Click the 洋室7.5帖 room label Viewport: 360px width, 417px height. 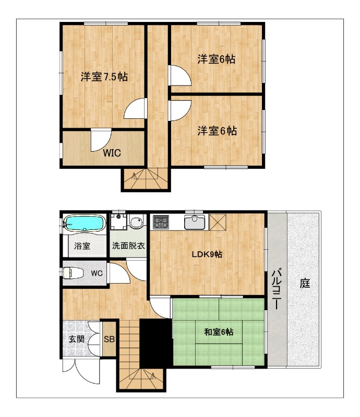(x=104, y=77)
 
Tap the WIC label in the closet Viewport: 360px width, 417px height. (x=112, y=153)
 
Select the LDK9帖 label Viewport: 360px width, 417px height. (x=207, y=254)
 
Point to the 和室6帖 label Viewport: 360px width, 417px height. (x=219, y=332)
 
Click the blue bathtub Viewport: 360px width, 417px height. (x=84, y=223)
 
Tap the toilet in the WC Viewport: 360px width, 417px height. (x=73, y=273)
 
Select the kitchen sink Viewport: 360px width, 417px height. (x=195, y=223)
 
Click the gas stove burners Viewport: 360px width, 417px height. (x=161, y=222)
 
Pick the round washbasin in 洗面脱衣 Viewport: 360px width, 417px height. (x=136, y=222)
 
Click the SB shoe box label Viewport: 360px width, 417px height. (x=109, y=339)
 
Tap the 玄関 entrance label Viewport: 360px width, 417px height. (x=77, y=339)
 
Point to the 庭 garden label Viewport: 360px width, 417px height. (x=305, y=283)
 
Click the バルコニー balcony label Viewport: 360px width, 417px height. (x=277, y=289)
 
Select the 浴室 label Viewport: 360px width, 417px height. (x=82, y=246)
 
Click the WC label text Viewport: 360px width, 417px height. (x=97, y=273)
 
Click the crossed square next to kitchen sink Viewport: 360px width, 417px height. (x=218, y=223)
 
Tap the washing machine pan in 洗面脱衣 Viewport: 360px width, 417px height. (x=118, y=222)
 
